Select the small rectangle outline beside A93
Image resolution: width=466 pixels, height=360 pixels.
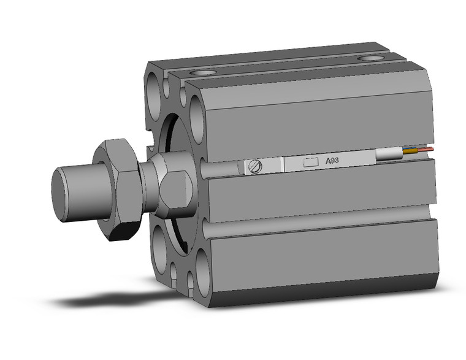[311, 163]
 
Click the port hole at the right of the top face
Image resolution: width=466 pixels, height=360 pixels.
[370, 59]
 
